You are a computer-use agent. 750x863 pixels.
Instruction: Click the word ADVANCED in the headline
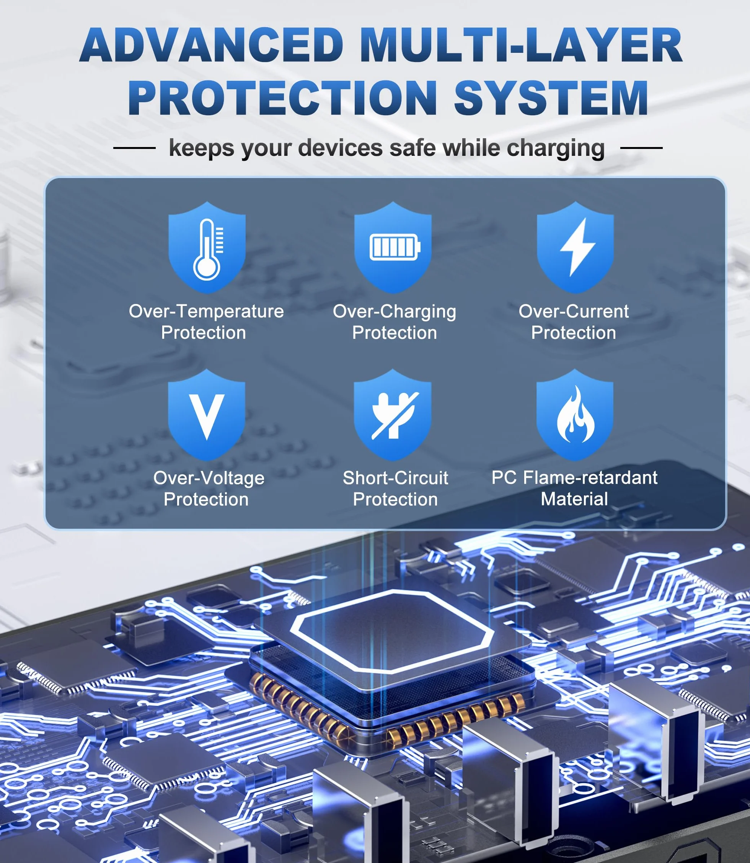click(x=212, y=45)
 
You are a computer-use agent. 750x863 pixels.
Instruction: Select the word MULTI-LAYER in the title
click(x=521, y=45)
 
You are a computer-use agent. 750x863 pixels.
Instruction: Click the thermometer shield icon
click(x=207, y=247)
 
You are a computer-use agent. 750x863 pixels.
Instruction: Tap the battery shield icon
click(x=393, y=247)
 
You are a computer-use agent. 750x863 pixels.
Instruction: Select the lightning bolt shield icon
click(x=576, y=247)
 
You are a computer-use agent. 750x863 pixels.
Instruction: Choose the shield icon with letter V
click(x=207, y=415)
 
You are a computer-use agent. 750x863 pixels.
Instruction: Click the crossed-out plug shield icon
click(x=393, y=415)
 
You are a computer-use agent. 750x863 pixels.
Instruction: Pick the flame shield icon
click(x=575, y=415)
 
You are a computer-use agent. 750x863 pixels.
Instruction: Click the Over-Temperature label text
click(x=206, y=311)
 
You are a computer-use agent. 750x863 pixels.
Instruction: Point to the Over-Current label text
click(x=574, y=311)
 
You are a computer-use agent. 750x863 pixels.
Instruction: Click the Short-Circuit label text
click(x=396, y=478)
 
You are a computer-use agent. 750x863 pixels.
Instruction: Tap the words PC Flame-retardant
click(x=575, y=477)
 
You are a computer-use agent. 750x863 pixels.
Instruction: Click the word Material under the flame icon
click(x=575, y=499)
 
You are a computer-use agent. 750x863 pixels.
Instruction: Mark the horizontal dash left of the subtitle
click(x=134, y=148)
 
